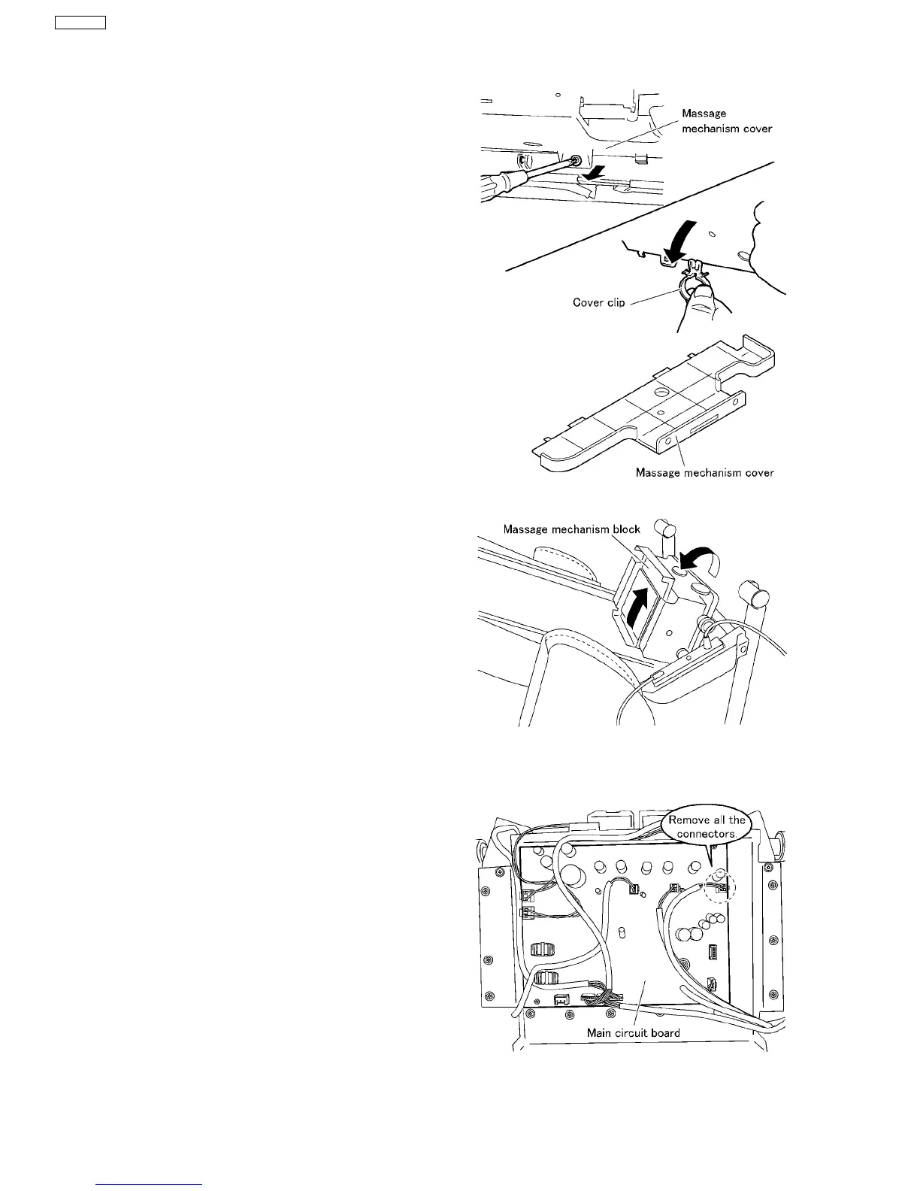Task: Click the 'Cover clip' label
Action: tap(598, 303)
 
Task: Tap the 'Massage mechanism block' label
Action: tap(571, 529)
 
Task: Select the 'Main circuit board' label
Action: tap(633, 1032)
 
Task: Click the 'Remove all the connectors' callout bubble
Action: tap(707, 827)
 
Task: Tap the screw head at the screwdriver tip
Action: tap(576, 160)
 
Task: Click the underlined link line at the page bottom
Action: tap(150, 1184)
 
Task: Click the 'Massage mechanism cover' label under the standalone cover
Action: tap(704, 473)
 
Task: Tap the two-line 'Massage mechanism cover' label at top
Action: tap(726, 121)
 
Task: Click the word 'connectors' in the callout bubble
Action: tap(707, 834)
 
